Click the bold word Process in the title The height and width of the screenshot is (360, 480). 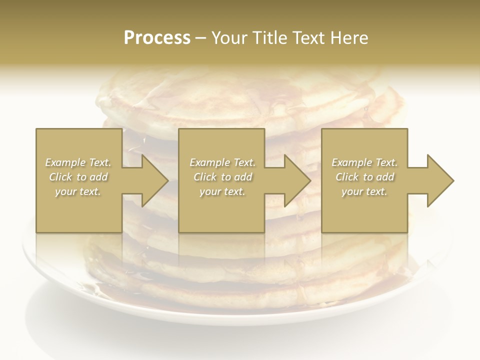pyautogui.click(x=157, y=38)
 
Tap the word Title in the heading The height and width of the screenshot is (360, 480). pyautogui.click(x=269, y=38)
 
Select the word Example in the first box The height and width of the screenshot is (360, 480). pyautogui.click(x=65, y=162)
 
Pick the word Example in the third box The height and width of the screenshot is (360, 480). pyautogui.click(x=351, y=162)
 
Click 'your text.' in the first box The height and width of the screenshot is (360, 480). pyautogui.click(x=78, y=191)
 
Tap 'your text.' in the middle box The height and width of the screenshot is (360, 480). pyautogui.click(x=222, y=191)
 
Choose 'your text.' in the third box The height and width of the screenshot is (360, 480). pyautogui.click(x=364, y=191)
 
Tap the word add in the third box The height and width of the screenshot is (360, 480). pyautogui.click(x=385, y=177)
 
